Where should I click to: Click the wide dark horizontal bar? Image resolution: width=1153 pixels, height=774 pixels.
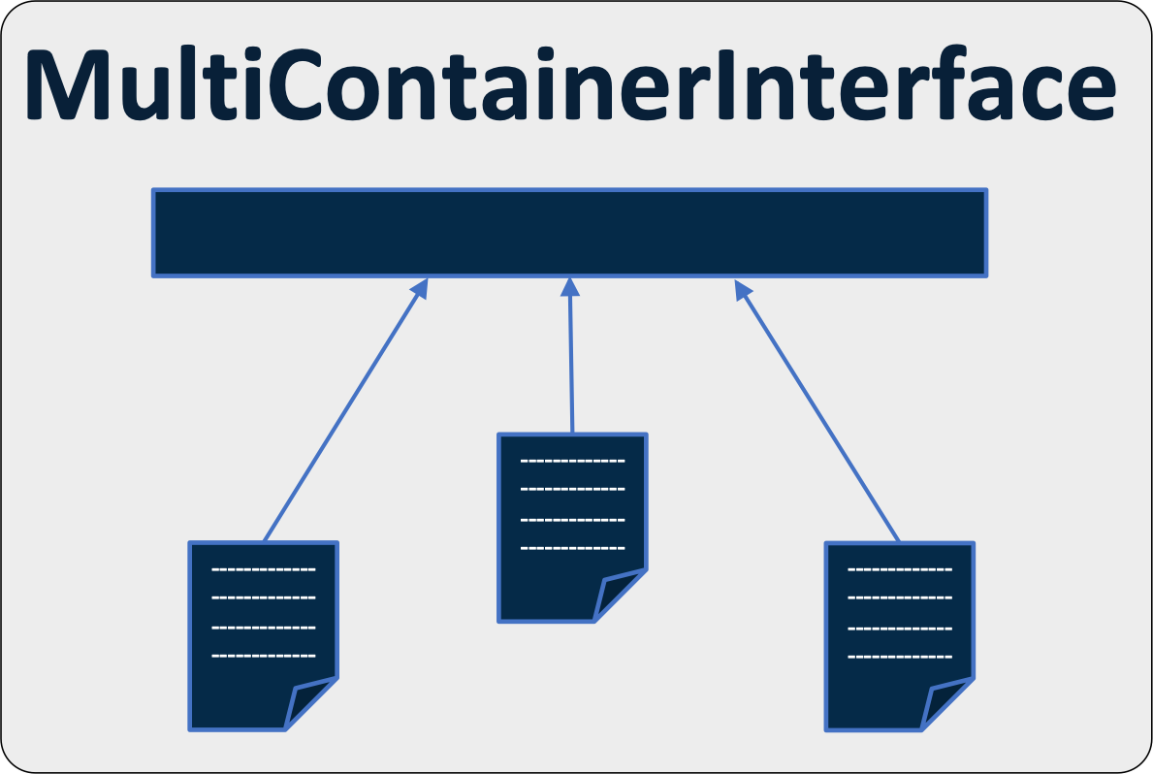tap(569, 233)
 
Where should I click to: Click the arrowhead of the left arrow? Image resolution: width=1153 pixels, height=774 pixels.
tap(421, 287)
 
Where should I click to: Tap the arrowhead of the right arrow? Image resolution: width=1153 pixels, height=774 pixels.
tap(742, 288)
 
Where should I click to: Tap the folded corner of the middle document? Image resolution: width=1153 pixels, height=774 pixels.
tap(618, 596)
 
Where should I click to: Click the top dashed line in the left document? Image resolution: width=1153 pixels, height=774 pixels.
tap(263, 570)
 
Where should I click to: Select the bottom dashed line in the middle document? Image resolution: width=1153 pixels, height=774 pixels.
tap(572, 548)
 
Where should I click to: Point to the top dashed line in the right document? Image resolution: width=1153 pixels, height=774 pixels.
tap(900, 570)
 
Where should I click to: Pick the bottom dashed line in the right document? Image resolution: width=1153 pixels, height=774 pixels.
tap(900, 657)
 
